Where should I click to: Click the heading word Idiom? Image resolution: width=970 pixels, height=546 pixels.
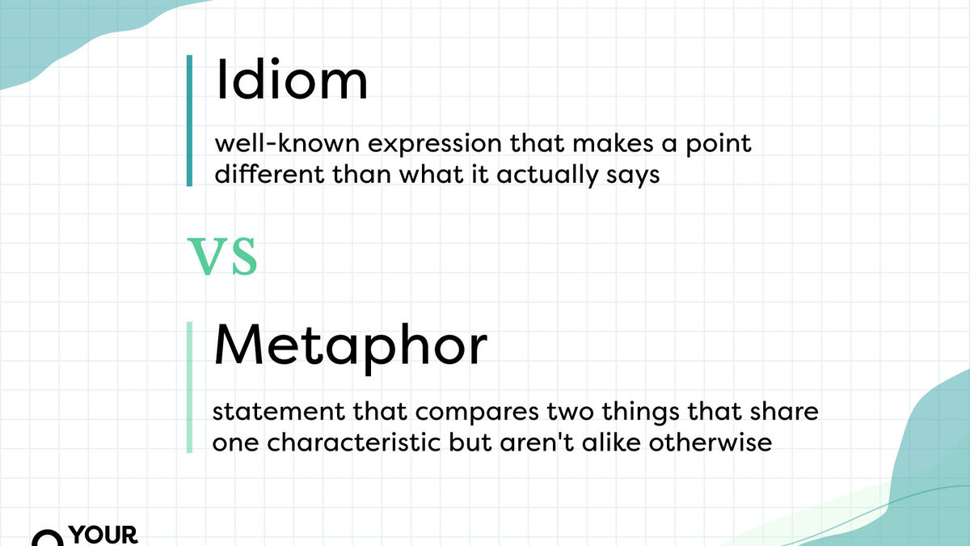291,82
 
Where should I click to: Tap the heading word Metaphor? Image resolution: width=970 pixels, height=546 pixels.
350,347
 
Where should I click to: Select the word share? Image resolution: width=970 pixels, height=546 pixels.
787,413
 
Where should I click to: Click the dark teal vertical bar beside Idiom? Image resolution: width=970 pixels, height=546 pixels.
189,121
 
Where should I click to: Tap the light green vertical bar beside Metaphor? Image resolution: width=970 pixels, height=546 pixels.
189,387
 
